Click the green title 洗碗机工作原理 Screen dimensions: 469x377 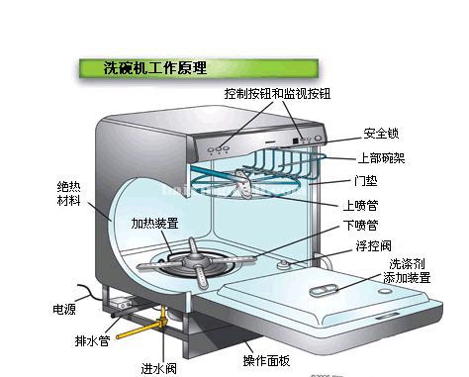pyautogui.click(x=155, y=68)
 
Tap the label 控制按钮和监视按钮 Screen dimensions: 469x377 pyautogui.click(x=277, y=94)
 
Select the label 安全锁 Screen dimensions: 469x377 pyautogui.click(x=381, y=134)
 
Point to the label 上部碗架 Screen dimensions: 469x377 pyautogui.click(x=381, y=158)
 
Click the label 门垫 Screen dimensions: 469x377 pyautogui.click(x=366, y=181)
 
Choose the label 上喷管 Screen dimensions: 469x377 pyautogui.click(x=360, y=205)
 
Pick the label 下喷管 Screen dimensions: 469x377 pyautogui.click(x=360, y=226)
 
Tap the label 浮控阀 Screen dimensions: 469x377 pyautogui.click(x=373, y=246)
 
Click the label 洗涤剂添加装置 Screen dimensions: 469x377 pyautogui.click(x=407, y=271)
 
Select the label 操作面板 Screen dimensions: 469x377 pyautogui.click(x=266, y=360)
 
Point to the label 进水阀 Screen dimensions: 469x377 pyautogui.click(x=159, y=369)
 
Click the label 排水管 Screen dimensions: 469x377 pyautogui.click(x=92, y=340)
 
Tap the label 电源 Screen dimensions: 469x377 pyautogui.click(x=64, y=309)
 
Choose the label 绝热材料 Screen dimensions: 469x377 pyautogui.click(x=69, y=194)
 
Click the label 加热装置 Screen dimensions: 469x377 pyautogui.click(x=154, y=224)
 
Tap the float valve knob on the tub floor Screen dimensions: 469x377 pyautogui.click(x=284, y=264)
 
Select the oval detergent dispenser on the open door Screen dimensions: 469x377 pyautogui.click(x=324, y=291)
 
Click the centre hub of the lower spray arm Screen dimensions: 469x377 pyautogui.click(x=197, y=261)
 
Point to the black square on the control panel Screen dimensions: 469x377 pyautogui.click(x=295, y=141)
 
